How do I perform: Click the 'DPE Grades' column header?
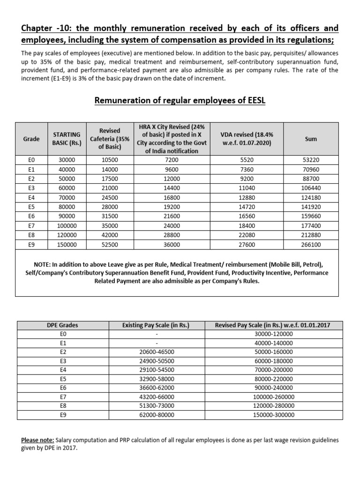tap(63, 325)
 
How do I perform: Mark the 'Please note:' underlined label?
tap(38, 440)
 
